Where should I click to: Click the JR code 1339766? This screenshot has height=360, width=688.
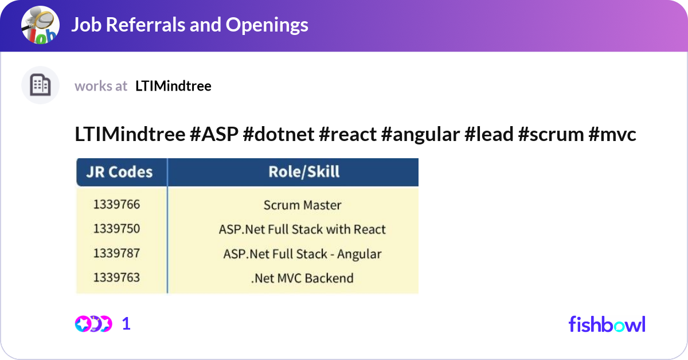pos(116,205)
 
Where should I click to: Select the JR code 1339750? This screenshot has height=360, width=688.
pos(116,229)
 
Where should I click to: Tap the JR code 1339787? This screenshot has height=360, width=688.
pos(116,253)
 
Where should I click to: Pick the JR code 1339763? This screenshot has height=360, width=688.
pos(116,278)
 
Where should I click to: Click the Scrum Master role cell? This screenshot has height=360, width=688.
pos(302,205)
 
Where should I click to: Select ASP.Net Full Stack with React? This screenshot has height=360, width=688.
pos(302,230)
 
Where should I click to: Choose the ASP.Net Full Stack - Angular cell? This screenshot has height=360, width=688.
pos(302,254)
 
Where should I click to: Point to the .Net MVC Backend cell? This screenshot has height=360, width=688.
pos(302,279)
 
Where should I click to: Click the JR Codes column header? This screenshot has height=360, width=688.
pos(120,172)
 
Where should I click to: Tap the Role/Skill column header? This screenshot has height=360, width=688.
pos(304,171)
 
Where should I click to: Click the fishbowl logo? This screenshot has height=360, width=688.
pos(607,324)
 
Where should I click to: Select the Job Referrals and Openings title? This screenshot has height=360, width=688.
pos(189,25)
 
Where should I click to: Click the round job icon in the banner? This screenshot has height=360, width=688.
pos(41,25)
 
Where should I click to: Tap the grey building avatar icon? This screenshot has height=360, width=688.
pos(40,85)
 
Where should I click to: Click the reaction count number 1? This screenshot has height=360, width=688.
pos(127,324)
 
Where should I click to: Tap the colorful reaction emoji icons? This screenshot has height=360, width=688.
pos(93,324)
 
